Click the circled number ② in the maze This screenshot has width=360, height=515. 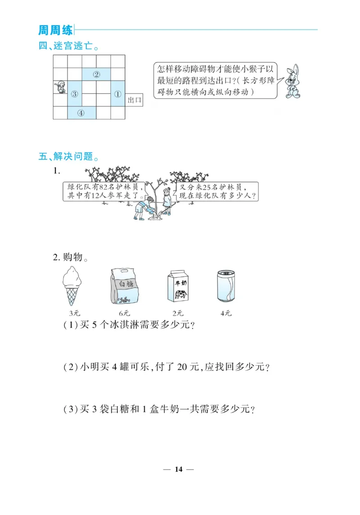tap(96, 74)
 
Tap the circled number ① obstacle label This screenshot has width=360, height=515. tap(118, 94)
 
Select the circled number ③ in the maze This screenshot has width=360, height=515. tap(75, 94)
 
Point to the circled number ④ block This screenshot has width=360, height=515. tap(81, 113)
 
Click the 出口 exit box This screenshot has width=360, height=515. tap(134, 100)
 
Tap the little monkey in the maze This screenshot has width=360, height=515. tap(60, 87)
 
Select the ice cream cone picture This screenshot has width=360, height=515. tap(72, 285)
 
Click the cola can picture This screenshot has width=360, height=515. tap(226, 286)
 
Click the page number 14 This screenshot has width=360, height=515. tap(179, 470)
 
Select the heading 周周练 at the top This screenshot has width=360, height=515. tap(55, 30)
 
